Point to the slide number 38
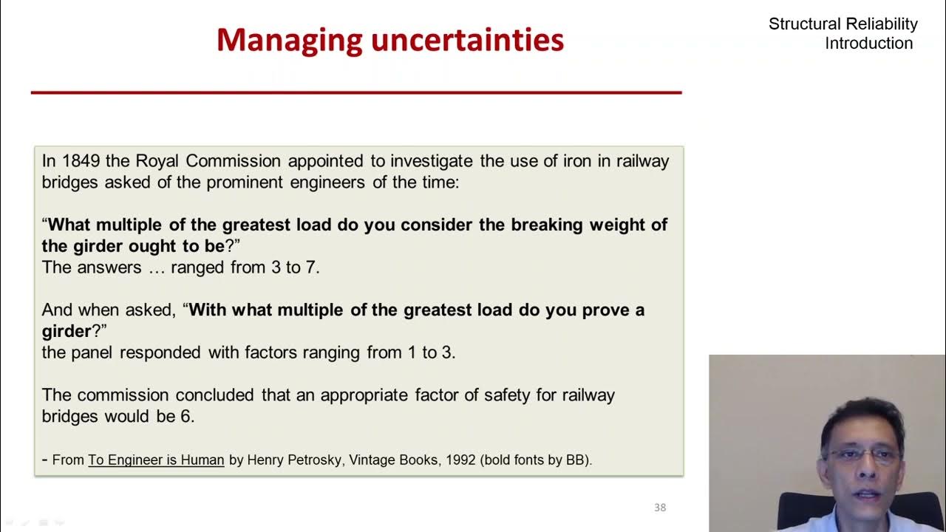(660, 508)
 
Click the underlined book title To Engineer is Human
(156, 460)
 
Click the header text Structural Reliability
(843, 24)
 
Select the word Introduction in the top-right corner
(868, 44)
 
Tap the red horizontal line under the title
(355, 92)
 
